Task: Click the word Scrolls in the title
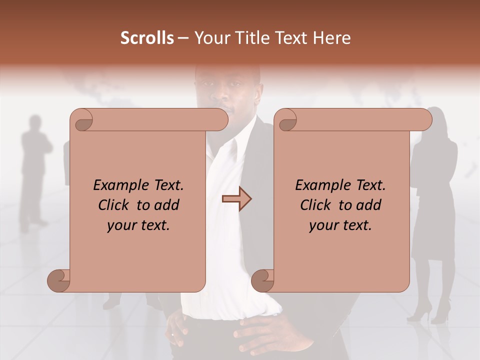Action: (x=147, y=38)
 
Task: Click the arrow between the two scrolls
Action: (x=236, y=199)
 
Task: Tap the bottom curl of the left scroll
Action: (x=59, y=280)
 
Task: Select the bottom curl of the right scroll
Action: (x=262, y=280)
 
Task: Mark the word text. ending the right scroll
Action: (x=358, y=225)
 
